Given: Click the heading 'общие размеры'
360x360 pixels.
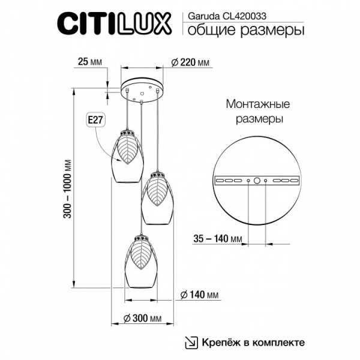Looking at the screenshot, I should click(242, 30).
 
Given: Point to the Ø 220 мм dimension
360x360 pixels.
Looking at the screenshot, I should click(190, 62).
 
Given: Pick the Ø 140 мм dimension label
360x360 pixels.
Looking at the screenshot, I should click(199, 295).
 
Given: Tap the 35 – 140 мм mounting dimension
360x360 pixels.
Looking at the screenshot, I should click(220, 239).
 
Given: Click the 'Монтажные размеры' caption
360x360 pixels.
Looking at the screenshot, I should click(255, 111).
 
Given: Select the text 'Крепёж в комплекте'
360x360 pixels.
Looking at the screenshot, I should click(253, 342).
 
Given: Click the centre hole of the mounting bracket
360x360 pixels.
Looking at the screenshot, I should click(257, 180).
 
